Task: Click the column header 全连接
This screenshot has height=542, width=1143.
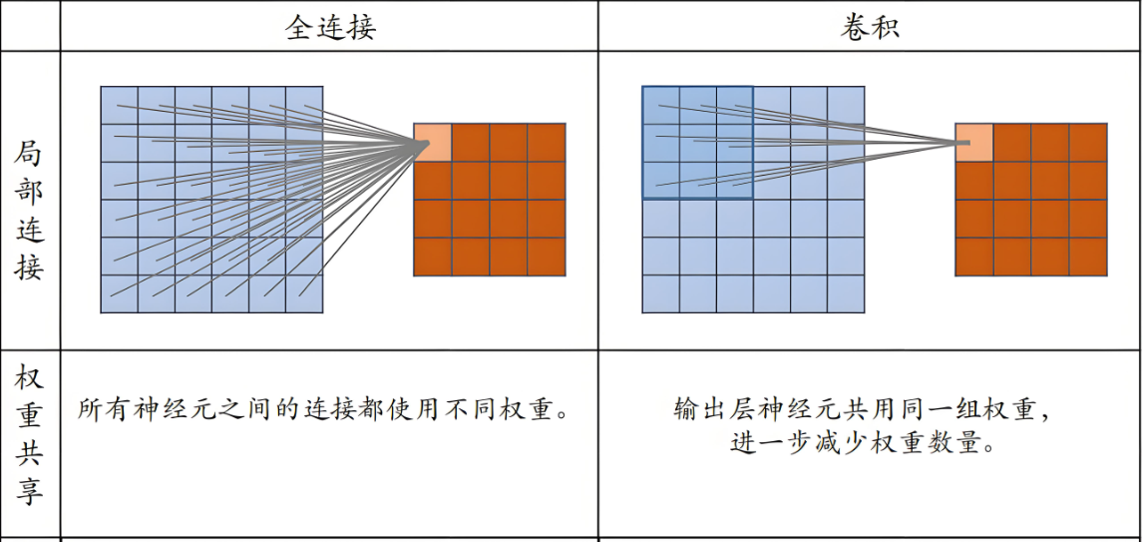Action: coord(330,27)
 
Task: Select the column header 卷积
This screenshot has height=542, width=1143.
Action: coord(870,27)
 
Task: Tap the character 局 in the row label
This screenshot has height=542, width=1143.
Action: coord(29,155)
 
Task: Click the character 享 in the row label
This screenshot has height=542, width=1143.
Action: coord(29,491)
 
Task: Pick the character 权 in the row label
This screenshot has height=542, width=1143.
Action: coord(29,378)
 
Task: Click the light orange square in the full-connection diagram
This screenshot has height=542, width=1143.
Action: coord(433,142)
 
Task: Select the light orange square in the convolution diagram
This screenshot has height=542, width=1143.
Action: coord(973,142)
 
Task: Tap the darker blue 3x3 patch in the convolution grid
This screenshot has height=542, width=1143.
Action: coord(697,142)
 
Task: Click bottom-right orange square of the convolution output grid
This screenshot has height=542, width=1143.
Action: coord(1088,257)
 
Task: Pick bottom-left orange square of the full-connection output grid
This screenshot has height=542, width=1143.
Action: coord(433,257)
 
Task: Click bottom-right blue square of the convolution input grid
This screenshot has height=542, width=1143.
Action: coord(846,293)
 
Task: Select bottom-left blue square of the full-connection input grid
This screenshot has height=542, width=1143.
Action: coord(120,293)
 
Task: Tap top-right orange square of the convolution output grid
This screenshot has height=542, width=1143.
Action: coord(1088,142)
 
